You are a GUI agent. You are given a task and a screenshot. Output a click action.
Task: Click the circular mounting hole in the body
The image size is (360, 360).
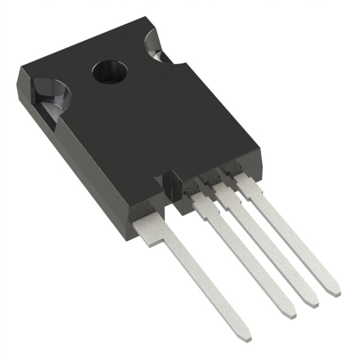click(109, 72)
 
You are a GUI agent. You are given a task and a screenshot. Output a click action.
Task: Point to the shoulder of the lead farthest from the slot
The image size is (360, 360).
click(247, 183)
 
